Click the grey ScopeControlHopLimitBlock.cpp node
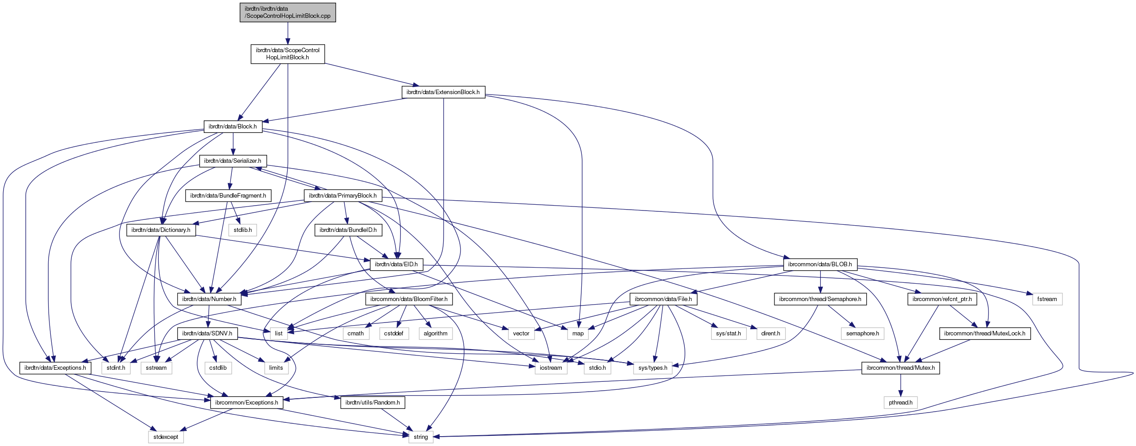[x=288, y=12]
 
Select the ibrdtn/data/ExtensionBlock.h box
[x=443, y=92]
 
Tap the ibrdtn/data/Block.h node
[x=233, y=127]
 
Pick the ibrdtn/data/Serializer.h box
[x=233, y=161]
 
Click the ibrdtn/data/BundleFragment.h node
[x=228, y=196]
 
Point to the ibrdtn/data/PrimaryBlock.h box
[x=342, y=196]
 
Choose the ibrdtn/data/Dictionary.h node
[x=161, y=230]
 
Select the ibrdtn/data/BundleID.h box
[x=348, y=230]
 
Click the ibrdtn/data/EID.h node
[x=396, y=264]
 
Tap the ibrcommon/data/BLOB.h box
[x=819, y=264]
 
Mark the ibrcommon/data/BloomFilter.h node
[x=409, y=299]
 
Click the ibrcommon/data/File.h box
[x=663, y=299]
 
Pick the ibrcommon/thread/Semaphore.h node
[x=820, y=299]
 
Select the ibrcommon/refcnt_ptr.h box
[x=942, y=299]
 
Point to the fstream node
[x=1047, y=299]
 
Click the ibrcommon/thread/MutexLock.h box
[x=984, y=334]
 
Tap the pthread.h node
[x=900, y=403]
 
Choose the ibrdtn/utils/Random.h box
[x=372, y=403]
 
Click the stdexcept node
[x=165, y=437]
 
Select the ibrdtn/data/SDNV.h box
[x=207, y=334]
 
